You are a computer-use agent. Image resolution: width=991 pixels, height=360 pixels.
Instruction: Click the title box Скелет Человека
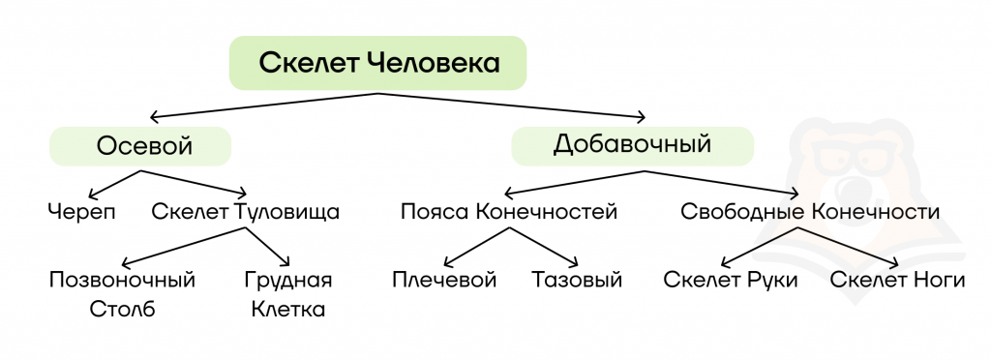[378, 63]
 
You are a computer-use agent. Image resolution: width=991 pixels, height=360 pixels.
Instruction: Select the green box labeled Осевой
[141, 146]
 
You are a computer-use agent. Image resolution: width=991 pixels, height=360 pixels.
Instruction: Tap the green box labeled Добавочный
[633, 146]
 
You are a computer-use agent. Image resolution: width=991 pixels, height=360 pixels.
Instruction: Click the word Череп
[82, 212]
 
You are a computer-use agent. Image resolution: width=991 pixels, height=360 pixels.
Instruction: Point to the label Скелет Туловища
[245, 212]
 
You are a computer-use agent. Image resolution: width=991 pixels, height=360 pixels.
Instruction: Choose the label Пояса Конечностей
[509, 212]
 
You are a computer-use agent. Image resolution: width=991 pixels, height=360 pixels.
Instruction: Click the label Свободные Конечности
[810, 212]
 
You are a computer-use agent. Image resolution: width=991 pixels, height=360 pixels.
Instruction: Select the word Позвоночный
[122, 280]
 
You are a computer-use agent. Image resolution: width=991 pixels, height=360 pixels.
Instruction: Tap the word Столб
[123, 310]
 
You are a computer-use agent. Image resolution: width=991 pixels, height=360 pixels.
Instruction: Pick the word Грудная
[288, 280]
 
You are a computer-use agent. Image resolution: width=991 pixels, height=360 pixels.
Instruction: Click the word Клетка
[288, 310]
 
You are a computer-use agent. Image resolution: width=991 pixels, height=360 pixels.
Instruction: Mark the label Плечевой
[444, 280]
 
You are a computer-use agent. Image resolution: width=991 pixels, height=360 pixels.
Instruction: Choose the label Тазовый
[577, 280]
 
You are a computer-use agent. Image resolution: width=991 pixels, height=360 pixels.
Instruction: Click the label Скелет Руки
[731, 280]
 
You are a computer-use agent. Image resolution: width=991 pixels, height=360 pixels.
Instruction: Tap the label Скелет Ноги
[897, 280]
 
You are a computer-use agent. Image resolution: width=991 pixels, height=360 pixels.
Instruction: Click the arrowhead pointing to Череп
[93, 194]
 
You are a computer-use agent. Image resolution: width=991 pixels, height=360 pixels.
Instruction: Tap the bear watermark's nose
[851, 187]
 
